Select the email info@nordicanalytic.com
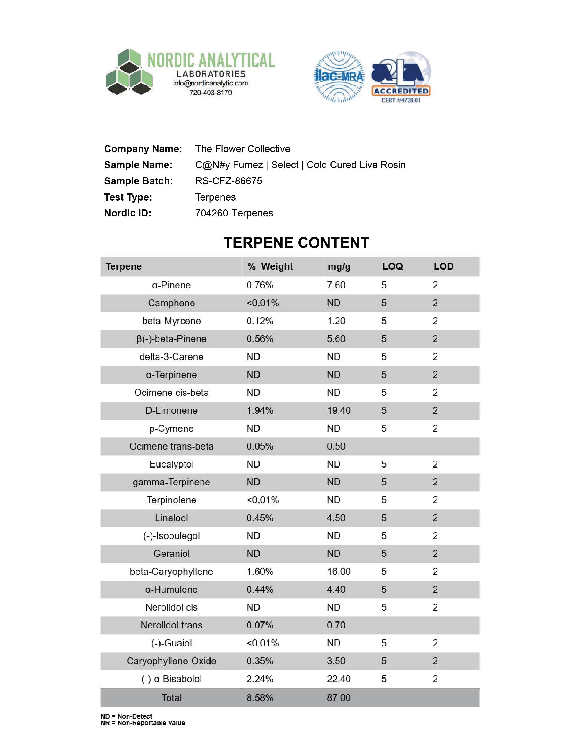210,83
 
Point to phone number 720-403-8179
210,93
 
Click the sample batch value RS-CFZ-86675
229,181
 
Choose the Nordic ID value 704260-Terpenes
234,213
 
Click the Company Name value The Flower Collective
243,149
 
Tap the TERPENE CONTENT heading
296,243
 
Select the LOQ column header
392,266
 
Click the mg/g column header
339,266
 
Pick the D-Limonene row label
171,410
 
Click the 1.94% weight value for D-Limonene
260,410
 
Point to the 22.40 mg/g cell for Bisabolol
339,679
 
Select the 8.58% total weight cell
260,698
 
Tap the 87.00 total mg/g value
339,698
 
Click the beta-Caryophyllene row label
171,572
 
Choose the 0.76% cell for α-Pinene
260,285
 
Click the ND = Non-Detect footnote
126,716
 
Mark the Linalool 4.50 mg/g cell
336,518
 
